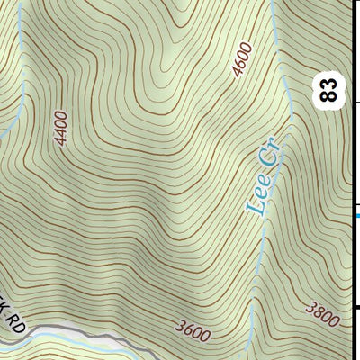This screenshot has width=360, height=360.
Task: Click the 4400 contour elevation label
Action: (x=60, y=129)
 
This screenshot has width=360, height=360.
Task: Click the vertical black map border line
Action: (x=352, y=180)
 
